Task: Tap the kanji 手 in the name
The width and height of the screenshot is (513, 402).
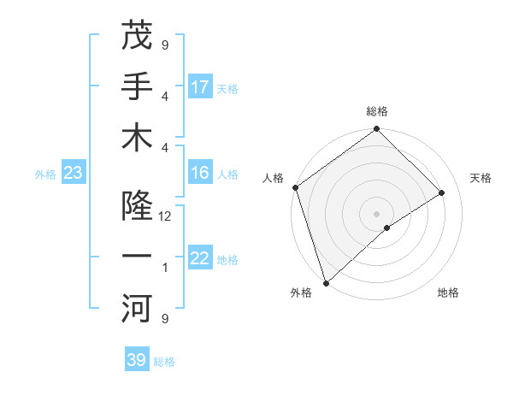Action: [137, 86]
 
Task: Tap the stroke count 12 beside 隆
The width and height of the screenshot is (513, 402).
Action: [165, 216]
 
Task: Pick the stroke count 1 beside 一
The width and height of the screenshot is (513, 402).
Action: [165, 268]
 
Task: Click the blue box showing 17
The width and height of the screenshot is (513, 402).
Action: [200, 86]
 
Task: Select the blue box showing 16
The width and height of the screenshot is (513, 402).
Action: [200, 174]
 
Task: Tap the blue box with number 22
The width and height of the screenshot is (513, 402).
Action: [200, 259]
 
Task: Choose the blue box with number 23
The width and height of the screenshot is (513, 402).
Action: [73, 174]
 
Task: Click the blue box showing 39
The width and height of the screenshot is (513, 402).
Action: [137, 360]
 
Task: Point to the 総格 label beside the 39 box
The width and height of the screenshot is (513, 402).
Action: [164, 362]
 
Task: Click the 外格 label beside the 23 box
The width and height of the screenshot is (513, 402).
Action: [45, 174]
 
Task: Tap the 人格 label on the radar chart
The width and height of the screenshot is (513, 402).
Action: [274, 178]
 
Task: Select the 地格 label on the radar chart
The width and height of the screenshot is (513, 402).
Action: [448, 293]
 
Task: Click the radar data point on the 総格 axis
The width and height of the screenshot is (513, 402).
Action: [376, 130]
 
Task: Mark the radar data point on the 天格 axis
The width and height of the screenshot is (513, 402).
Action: [442, 193]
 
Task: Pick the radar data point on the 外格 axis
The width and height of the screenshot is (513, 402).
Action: [326, 281]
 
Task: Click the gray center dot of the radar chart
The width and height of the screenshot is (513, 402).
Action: [376, 213]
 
